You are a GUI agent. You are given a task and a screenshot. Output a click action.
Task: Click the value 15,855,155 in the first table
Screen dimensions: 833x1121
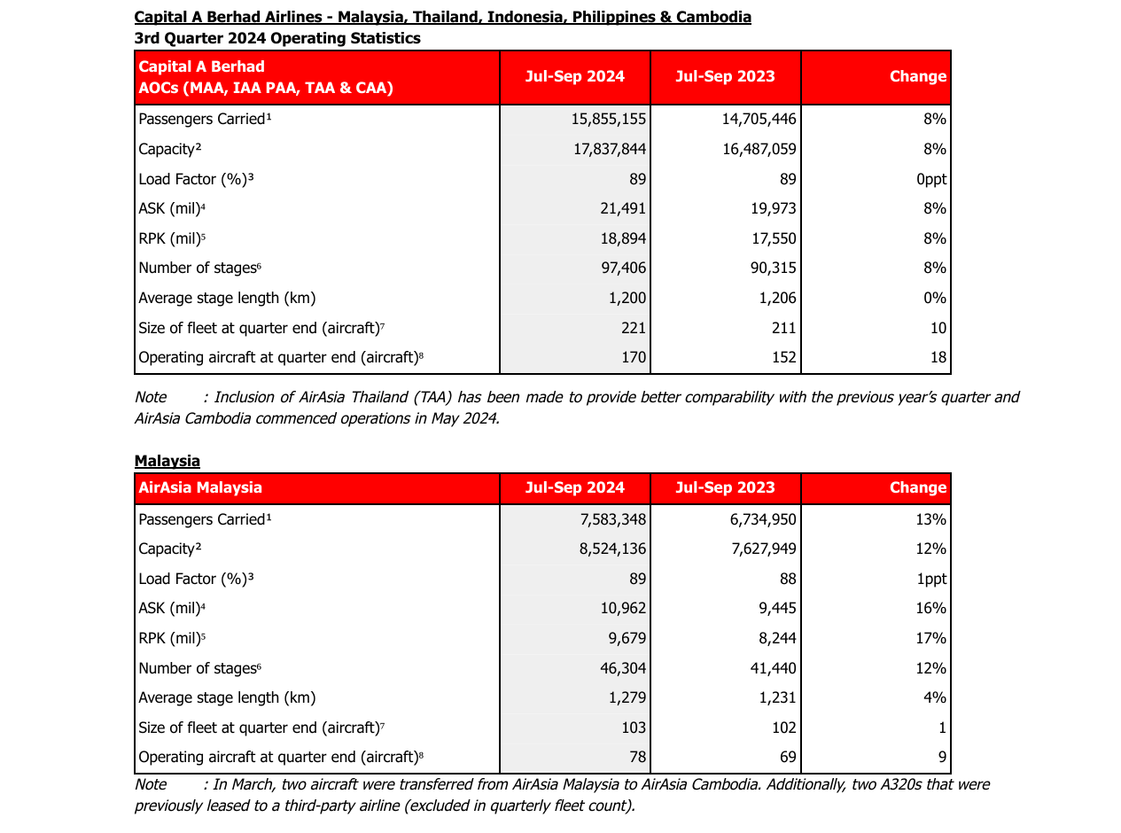tap(609, 119)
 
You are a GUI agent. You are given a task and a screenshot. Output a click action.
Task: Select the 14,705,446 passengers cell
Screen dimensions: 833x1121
tap(759, 119)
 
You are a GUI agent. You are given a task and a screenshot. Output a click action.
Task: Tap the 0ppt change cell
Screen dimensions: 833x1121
tap(931, 179)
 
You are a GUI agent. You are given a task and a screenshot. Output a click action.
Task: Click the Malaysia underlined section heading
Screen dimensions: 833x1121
tap(167, 461)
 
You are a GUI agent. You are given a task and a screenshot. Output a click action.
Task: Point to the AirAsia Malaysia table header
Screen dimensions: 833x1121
tap(200, 487)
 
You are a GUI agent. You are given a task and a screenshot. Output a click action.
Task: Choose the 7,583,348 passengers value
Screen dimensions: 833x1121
tap(612, 519)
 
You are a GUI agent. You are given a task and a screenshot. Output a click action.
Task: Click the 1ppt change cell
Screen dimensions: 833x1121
tap(931, 579)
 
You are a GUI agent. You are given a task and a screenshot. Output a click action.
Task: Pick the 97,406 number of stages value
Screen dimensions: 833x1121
tap(623, 268)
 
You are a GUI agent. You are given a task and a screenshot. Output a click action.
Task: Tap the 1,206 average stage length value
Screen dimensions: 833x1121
tap(778, 298)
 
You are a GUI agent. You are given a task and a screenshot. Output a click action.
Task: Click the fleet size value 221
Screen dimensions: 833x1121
tap(634, 328)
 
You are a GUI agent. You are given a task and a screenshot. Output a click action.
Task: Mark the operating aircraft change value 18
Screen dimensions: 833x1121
tap(938, 358)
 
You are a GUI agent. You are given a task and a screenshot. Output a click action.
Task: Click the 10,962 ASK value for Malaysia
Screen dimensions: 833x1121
tap(623, 609)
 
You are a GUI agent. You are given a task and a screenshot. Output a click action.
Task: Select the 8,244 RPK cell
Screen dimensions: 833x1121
tap(776, 638)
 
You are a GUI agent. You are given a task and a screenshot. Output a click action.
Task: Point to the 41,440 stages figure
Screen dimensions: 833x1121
tap(773, 668)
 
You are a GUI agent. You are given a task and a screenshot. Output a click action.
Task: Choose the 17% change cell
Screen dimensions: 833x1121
tap(931, 638)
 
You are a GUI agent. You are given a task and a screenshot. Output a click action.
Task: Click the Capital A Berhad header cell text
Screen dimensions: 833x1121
tap(266, 77)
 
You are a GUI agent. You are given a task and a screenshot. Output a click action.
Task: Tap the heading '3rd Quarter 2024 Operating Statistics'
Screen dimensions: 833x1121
tap(277, 38)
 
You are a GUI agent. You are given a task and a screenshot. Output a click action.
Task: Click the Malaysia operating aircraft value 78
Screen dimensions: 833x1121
tap(637, 758)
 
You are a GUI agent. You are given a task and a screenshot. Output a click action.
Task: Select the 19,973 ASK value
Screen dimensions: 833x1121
tap(773, 208)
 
